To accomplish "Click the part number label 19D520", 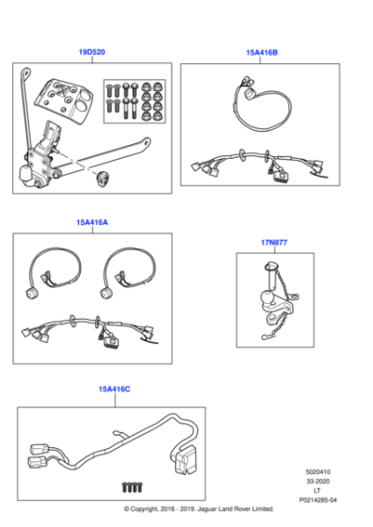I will [91, 52].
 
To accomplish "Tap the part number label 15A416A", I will [91, 223].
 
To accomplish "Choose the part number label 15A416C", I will [114, 389].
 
